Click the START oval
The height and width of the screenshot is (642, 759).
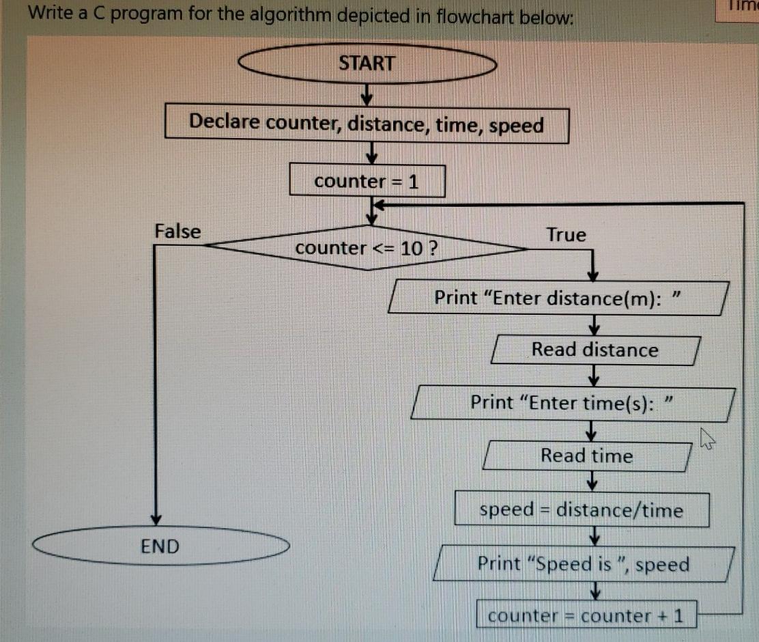click(367, 64)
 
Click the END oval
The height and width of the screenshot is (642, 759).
click(160, 546)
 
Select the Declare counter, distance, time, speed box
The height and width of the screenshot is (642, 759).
click(367, 124)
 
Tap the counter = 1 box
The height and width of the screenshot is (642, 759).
click(367, 181)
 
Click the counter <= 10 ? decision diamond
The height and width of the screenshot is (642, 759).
click(367, 248)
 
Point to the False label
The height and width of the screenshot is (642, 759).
click(177, 232)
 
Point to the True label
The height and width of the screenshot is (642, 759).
click(566, 235)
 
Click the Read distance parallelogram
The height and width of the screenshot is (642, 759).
click(595, 350)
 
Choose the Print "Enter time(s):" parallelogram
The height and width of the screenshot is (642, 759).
click(572, 403)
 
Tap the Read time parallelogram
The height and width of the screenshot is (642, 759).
click(587, 456)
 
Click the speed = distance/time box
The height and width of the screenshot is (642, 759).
click(581, 510)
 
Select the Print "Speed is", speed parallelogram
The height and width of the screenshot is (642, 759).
click(584, 564)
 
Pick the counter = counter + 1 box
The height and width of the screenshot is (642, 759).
click(586, 615)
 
